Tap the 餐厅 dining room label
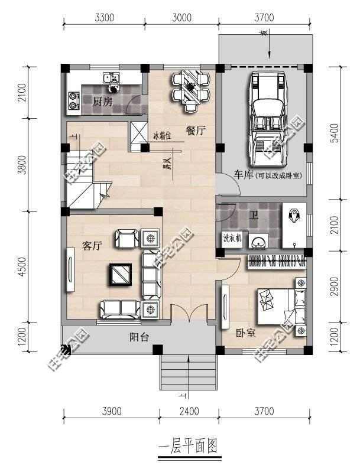(195, 131)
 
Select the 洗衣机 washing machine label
(231, 239)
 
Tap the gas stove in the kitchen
(74, 100)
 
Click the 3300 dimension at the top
(103, 17)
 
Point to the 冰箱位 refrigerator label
(162, 135)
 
